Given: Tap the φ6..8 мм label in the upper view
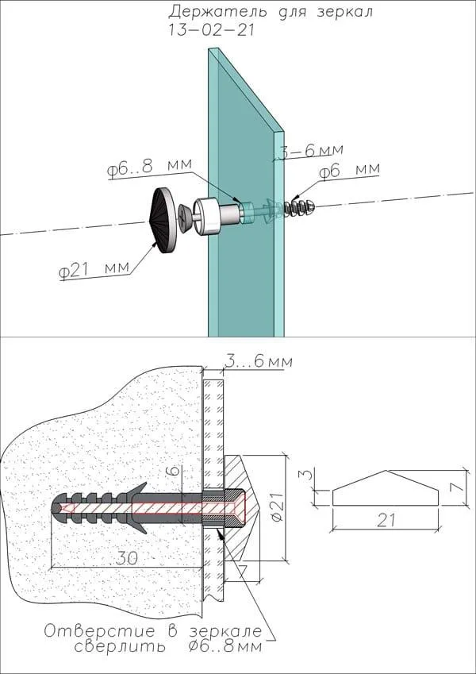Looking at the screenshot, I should point(149,168).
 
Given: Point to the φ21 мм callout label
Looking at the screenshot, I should point(93,271).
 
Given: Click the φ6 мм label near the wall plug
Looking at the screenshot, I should point(349,171).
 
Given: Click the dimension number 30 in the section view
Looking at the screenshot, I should point(126,557).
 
